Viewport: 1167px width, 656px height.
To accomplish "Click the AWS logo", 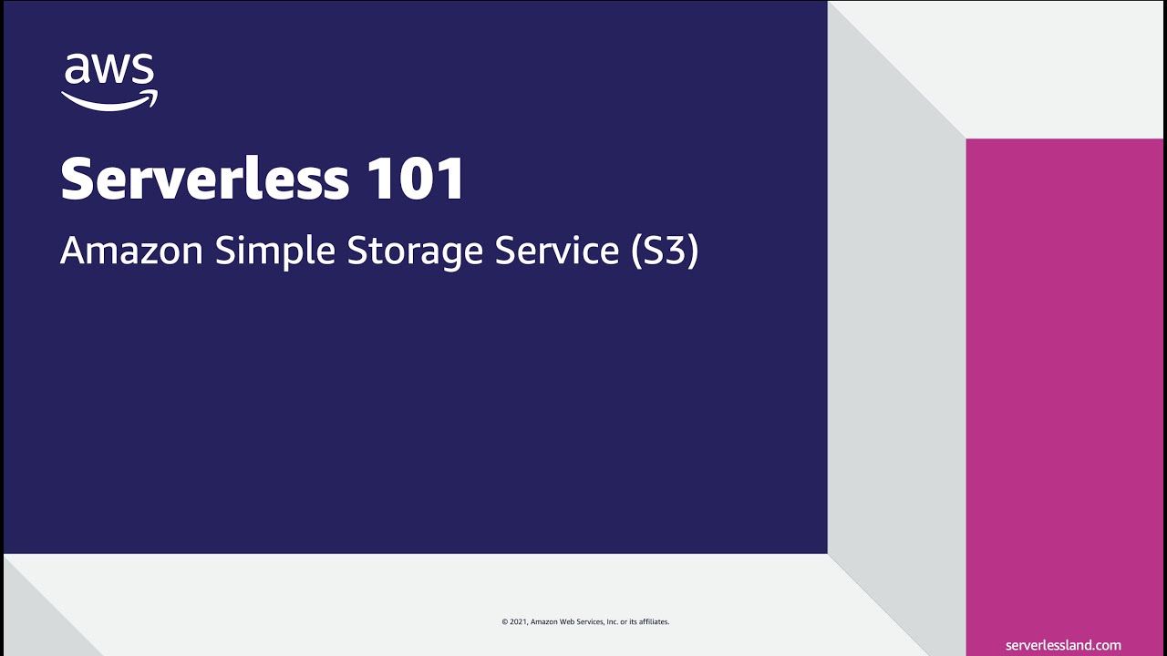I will [109, 82].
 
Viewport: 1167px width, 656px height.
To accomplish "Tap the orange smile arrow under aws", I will [109, 100].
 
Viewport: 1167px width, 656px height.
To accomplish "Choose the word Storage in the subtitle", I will [416, 251].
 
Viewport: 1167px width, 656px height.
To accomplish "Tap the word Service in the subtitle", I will [557, 251].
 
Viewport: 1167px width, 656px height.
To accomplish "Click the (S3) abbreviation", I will [665, 251].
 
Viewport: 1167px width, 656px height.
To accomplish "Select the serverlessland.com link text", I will [1063, 645].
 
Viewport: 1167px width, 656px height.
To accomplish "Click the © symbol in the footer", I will [504, 622].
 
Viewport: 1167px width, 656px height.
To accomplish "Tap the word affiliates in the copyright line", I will [654, 622].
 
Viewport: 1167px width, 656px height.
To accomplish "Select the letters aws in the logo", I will [109, 71].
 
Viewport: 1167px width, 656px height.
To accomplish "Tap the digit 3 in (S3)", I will [676, 251].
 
